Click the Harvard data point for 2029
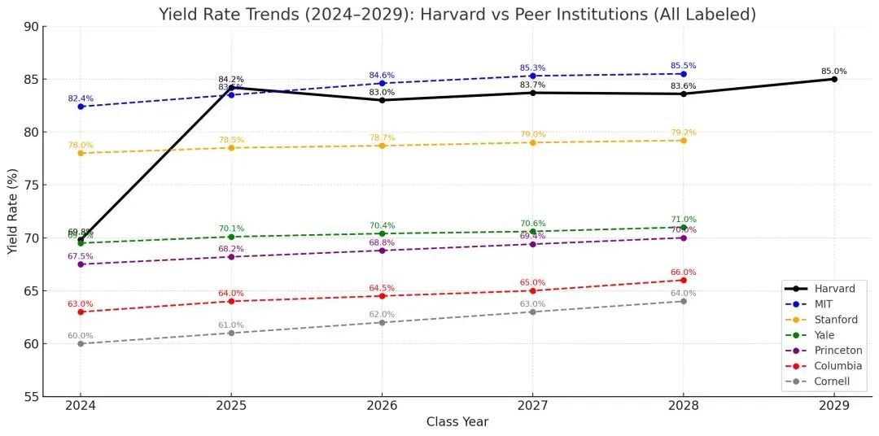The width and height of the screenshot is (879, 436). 834,79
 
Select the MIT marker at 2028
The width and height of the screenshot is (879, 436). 684,74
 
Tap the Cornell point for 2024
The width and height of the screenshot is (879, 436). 80,343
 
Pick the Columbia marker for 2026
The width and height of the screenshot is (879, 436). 382,295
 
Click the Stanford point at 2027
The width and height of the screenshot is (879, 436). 532,142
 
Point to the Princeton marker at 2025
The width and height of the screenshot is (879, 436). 231,257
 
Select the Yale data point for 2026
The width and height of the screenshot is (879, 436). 382,233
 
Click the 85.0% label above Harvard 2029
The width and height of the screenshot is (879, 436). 834,71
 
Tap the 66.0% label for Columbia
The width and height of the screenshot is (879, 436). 684,272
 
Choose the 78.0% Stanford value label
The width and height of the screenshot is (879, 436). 80,145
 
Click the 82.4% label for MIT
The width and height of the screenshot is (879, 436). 80,98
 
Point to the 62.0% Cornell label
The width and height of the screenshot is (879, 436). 382,314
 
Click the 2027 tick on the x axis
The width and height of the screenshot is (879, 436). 532,405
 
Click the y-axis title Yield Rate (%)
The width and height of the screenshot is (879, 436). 12,211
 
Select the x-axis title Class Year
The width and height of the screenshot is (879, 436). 457,422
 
